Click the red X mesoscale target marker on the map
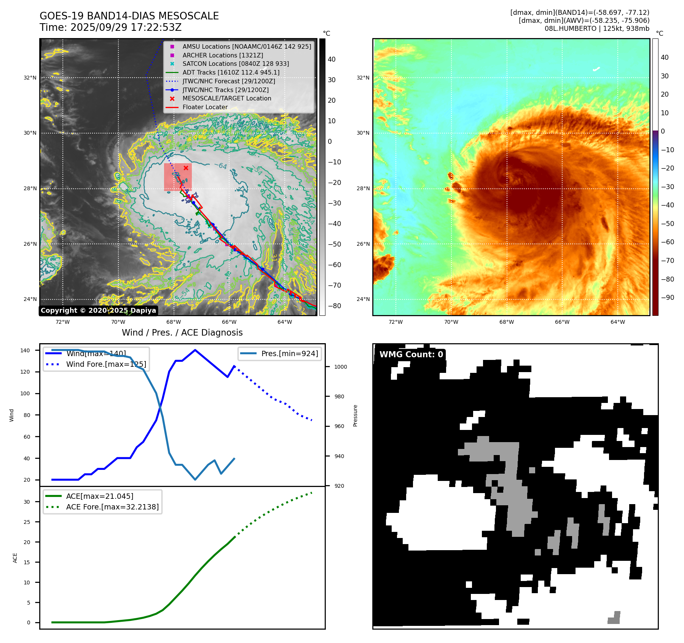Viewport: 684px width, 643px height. pyautogui.click(x=186, y=168)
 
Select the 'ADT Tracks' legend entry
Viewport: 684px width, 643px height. pyautogui.click(x=231, y=72)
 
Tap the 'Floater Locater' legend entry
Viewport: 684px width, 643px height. pyautogui.click(x=205, y=107)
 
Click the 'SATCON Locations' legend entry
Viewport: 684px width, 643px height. pyautogui.click(x=235, y=64)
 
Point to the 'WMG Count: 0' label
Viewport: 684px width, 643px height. pyautogui.click(x=411, y=354)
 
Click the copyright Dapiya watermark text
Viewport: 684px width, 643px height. pyautogui.click(x=98, y=310)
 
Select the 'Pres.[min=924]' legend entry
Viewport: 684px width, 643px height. pyautogui.click(x=289, y=353)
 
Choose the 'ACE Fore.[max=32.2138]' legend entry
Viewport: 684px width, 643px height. pyautogui.click(x=112, y=507)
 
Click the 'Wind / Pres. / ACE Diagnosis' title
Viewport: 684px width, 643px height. pyautogui.click(x=182, y=333)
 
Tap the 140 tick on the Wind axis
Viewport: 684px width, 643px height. pyautogui.click(x=25, y=350)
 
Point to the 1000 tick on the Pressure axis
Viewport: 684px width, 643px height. pyautogui.click(x=341, y=367)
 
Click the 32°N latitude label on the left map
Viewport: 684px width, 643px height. pyautogui.click(x=30, y=78)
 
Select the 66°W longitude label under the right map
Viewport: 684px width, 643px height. pyautogui.click(x=562, y=322)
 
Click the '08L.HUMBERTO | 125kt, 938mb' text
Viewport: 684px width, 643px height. pyautogui.click(x=597, y=29)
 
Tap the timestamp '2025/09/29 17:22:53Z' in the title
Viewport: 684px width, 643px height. pyautogui.click(x=126, y=27)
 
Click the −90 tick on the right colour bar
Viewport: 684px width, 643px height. pyautogui.click(x=668, y=298)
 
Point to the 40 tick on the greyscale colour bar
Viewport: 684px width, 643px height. pyautogui.click(x=332, y=59)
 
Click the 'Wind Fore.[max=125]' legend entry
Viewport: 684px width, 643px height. pyautogui.click(x=106, y=364)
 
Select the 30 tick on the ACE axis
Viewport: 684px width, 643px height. pyautogui.click(x=27, y=502)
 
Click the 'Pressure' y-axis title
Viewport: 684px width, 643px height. pyautogui.click(x=355, y=415)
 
